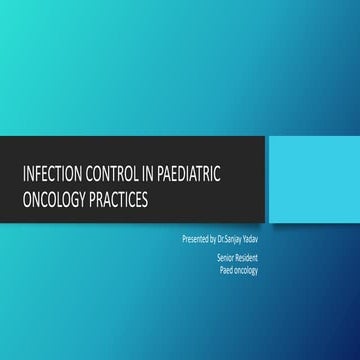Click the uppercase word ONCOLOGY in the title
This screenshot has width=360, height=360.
tap(55, 199)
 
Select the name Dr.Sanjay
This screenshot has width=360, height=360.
tap(235, 241)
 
